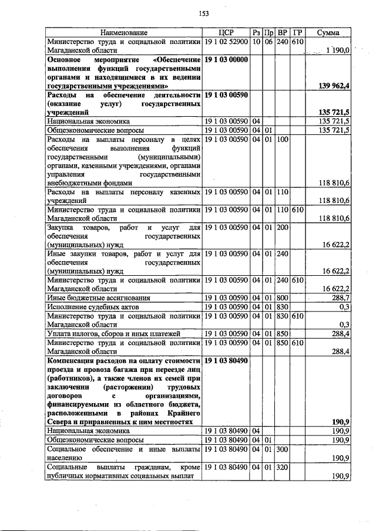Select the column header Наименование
click(123, 32)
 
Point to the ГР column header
click(297, 32)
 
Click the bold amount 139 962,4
click(333, 86)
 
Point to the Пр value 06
click(268, 42)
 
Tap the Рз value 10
click(256, 42)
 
